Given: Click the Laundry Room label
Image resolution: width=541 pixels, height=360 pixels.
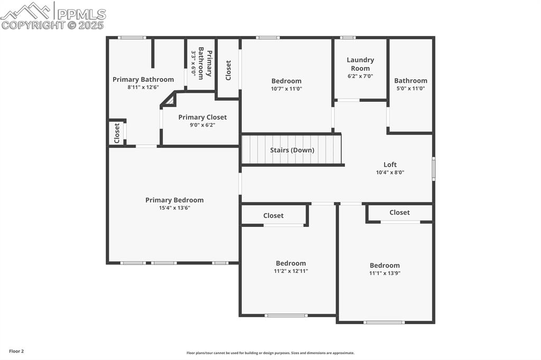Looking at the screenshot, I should (x=360, y=64).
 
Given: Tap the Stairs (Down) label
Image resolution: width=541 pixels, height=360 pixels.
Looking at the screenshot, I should (x=292, y=150).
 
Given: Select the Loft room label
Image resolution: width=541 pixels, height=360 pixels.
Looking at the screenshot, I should (x=390, y=165).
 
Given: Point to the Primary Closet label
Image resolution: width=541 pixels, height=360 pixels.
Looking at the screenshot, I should (x=202, y=117).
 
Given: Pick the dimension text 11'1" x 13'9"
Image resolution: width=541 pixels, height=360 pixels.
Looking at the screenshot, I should (x=385, y=273).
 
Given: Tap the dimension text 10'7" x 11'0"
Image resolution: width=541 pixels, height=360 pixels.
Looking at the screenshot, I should (x=286, y=89).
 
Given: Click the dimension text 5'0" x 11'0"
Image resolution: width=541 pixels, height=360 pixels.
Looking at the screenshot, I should (x=411, y=89).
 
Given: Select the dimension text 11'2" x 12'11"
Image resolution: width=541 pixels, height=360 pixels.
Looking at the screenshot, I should (x=291, y=271).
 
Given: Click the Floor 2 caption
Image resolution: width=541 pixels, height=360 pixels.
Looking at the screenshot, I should (x=16, y=351).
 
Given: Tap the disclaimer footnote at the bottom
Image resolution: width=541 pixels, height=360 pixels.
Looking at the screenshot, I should (x=270, y=353).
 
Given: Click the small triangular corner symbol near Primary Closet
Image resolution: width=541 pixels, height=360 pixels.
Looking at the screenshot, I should (x=170, y=100).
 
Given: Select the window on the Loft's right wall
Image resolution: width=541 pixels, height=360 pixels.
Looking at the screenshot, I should (x=433, y=169).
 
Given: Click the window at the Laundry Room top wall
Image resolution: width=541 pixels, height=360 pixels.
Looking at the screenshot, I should (x=348, y=37).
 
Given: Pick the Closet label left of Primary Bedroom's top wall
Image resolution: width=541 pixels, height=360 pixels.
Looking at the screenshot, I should (x=117, y=133).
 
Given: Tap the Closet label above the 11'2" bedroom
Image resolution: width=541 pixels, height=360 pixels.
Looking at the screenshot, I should (x=273, y=215).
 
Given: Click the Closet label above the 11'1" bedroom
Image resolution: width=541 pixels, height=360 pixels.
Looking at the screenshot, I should (x=399, y=212).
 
